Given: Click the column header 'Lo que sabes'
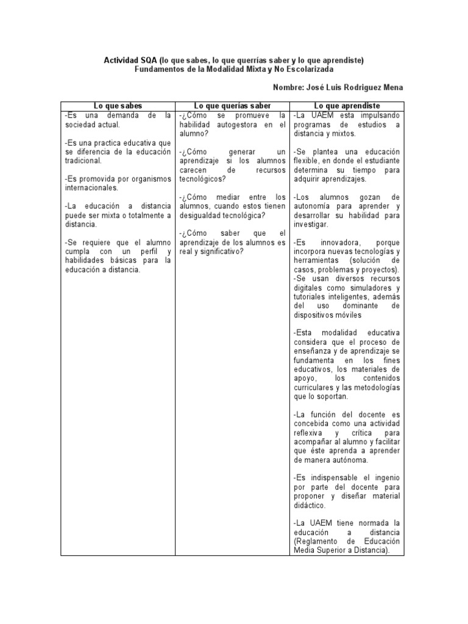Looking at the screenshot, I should [x=118, y=106].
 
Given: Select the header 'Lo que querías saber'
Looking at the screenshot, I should [x=232, y=106].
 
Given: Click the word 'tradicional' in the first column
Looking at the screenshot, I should [x=83, y=160].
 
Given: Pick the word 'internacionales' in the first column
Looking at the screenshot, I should [x=90, y=188].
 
